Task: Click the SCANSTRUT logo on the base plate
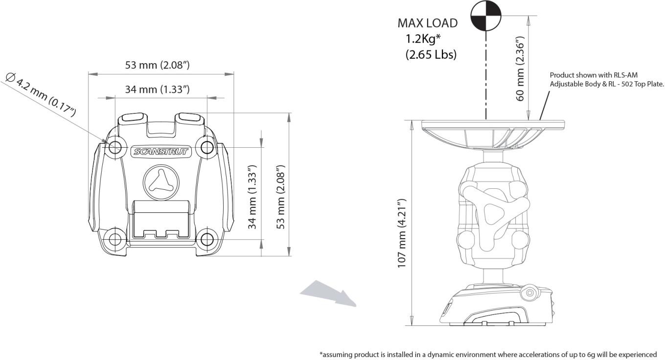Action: click(x=161, y=152)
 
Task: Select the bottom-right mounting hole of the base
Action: click(x=207, y=239)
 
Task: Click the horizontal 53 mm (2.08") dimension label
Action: click(x=157, y=65)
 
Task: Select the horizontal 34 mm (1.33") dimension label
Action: click(x=157, y=90)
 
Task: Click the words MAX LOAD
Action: click(x=427, y=23)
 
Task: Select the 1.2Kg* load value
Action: click(x=424, y=39)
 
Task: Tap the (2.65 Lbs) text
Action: click(x=431, y=55)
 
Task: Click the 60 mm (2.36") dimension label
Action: click(x=521, y=68)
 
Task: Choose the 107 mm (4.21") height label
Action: click(x=402, y=237)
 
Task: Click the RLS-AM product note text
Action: click(x=606, y=79)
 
